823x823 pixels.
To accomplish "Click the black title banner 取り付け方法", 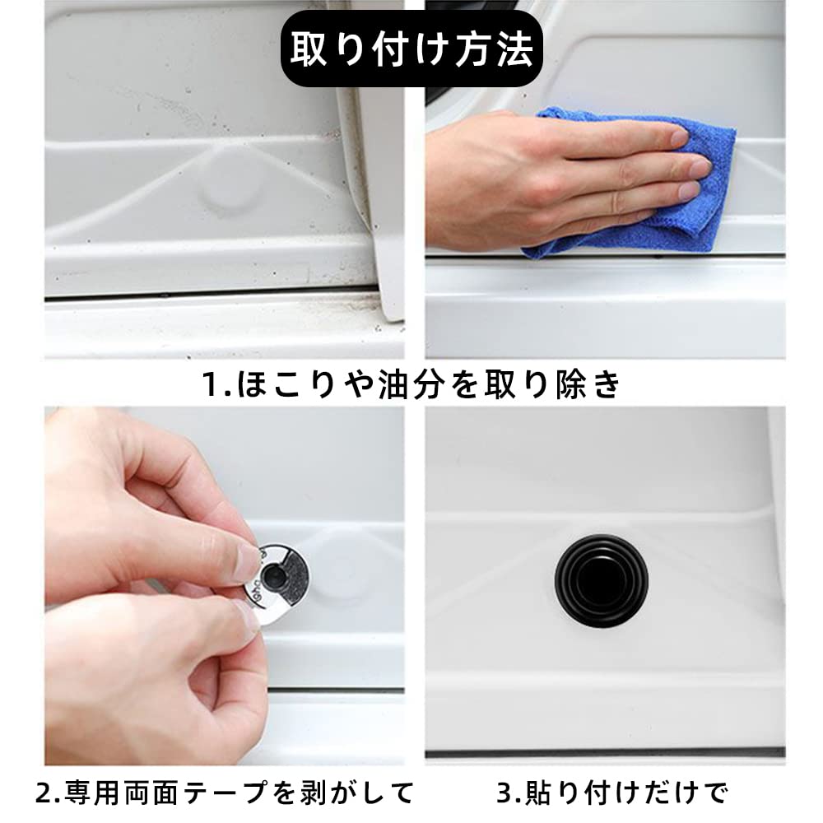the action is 411,49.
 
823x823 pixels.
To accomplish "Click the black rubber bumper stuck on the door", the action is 602,580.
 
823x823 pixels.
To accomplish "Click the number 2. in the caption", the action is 47,793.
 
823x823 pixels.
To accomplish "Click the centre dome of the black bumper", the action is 602,579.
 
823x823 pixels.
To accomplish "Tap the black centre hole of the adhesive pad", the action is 273,578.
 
